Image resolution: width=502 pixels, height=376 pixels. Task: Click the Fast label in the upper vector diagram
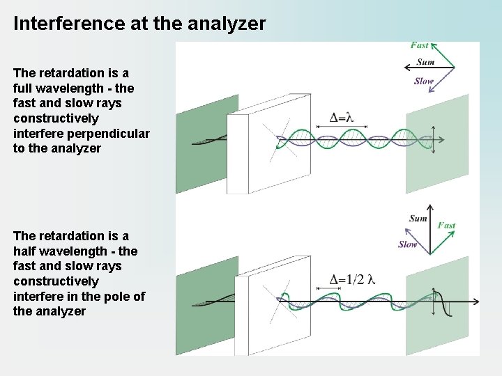pos(420,46)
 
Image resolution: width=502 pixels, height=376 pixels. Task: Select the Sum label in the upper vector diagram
pos(425,62)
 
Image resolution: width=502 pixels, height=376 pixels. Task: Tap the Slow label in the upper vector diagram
pos(423,81)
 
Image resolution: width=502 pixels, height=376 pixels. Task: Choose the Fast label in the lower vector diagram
pos(446,226)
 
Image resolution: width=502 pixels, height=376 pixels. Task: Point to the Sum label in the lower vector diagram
pos(418,219)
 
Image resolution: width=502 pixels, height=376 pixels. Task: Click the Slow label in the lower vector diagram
pos(408,244)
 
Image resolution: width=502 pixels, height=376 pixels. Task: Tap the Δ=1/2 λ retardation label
pos(352,280)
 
